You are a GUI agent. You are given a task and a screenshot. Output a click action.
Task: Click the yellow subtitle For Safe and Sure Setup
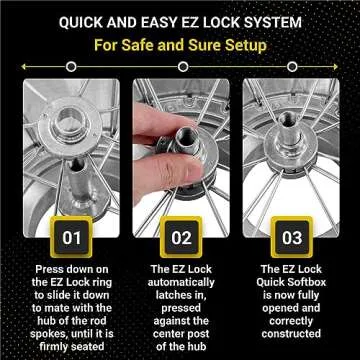pos(180,46)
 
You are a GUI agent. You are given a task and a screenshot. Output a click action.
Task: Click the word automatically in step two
pos(180,283)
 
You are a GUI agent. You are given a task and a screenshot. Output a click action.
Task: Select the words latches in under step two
pos(180,296)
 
